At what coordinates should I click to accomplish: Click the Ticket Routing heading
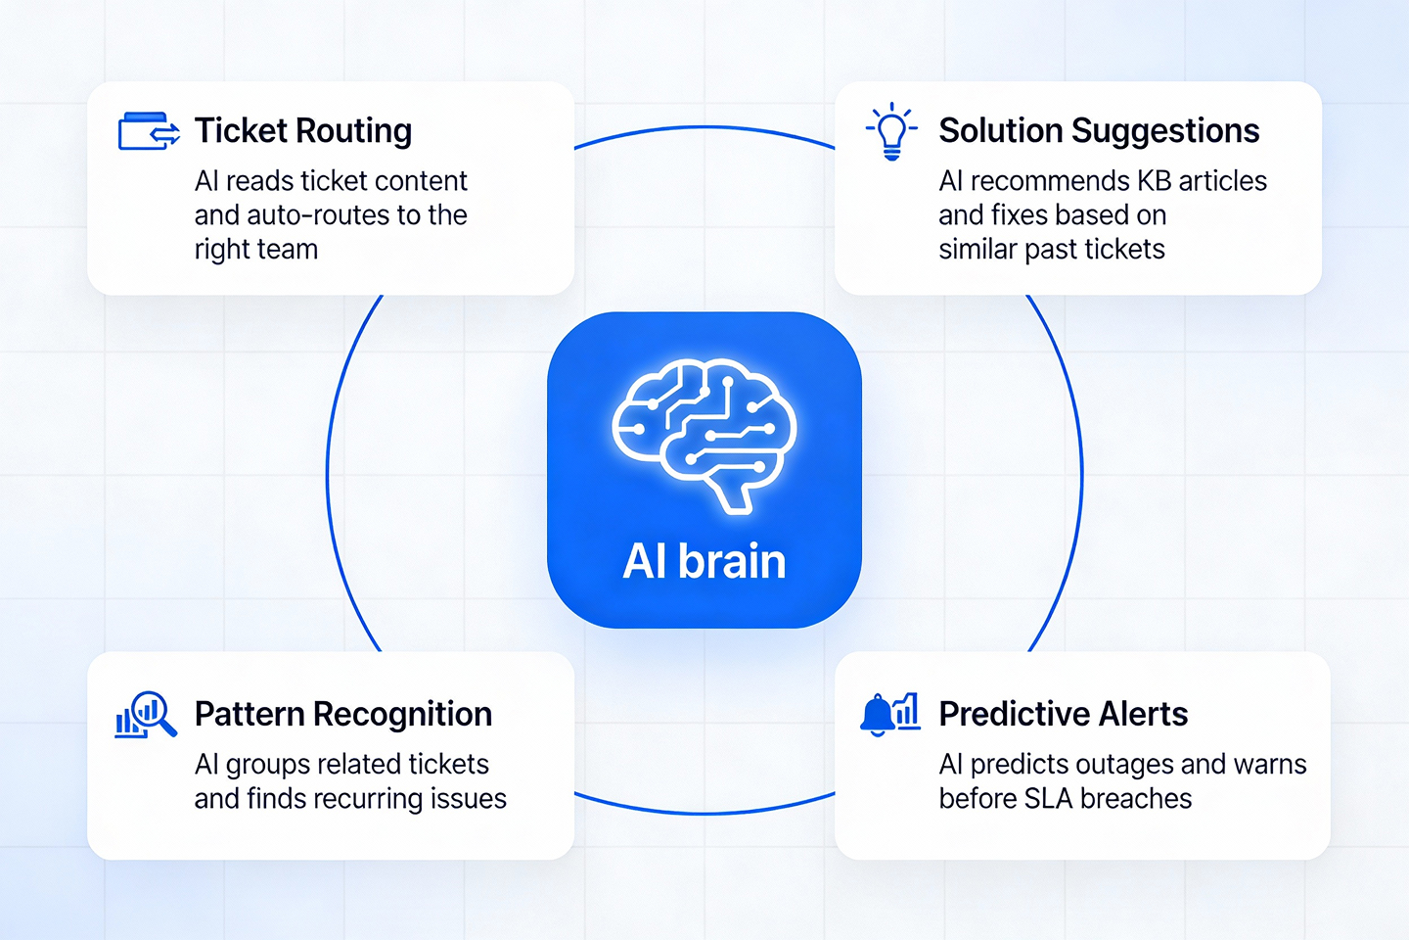pyautogui.click(x=303, y=131)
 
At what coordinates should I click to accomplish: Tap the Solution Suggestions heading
pyautogui.click(x=1099, y=131)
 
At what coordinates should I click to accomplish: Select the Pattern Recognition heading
pyautogui.click(x=342, y=715)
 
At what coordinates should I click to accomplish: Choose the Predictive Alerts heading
pyautogui.click(x=1063, y=715)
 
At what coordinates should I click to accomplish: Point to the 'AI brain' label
pyautogui.click(x=704, y=562)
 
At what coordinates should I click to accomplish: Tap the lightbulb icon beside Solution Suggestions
pyautogui.click(x=891, y=131)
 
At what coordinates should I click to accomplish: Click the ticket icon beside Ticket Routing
pyautogui.click(x=149, y=131)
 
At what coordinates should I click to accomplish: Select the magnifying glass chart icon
pyautogui.click(x=146, y=715)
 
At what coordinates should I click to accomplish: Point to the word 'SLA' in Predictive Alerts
pyautogui.click(x=1048, y=799)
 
